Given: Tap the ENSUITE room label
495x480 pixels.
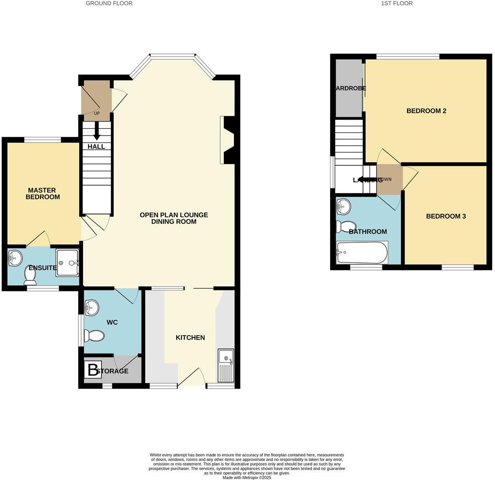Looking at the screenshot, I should pos(43,268).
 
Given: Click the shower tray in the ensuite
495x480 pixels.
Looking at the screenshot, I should pos(67,262).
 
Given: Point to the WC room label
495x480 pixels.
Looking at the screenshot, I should pos(112,322).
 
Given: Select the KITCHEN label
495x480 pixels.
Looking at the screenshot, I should pos(190,338).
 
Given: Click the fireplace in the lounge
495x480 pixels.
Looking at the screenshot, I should pos(228,140).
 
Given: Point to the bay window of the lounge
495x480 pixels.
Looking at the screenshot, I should pos(173,57).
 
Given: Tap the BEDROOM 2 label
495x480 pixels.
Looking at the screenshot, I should pos(426,111).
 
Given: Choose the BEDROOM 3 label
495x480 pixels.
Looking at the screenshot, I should pos(446,216).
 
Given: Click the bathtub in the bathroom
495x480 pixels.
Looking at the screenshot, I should pos(362,252).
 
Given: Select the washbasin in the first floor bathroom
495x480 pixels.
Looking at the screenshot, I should pos(343,207).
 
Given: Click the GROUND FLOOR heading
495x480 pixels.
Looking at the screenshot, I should pos(109,3).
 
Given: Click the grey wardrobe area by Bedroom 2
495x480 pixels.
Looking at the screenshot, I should pos(349,88).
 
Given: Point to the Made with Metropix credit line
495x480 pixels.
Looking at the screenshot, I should pos(247,477).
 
